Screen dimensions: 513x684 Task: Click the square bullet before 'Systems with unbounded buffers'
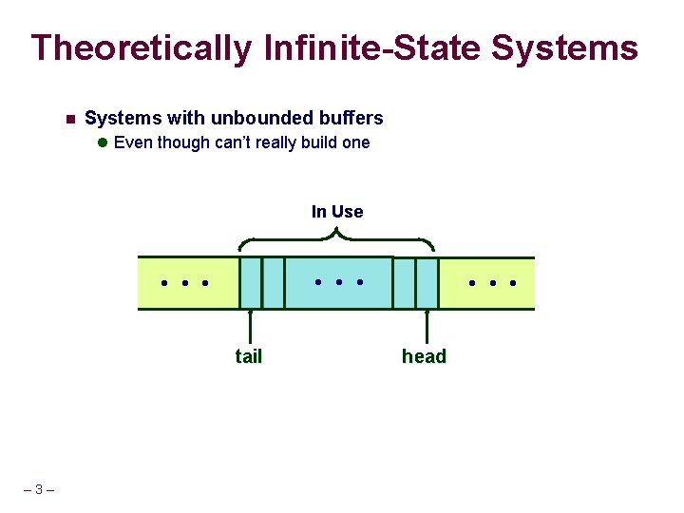pyautogui.click(x=69, y=120)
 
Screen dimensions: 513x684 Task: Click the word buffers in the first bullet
pyautogui.click(x=351, y=119)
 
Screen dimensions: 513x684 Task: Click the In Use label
pyautogui.click(x=337, y=212)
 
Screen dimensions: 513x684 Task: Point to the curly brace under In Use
pyautogui.click(x=337, y=234)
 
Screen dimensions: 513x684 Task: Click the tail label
pyautogui.click(x=249, y=356)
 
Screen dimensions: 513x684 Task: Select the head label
pyautogui.click(x=424, y=356)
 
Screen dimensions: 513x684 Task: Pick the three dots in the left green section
pyautogui.click(x=184, y=283)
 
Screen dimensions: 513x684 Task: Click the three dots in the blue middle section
pyautogui.click(x=338, y=282)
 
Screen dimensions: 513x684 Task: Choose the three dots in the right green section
pyautogui.click(x=492, y=283)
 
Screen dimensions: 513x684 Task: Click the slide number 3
pyautogui.click(x=38, y=490)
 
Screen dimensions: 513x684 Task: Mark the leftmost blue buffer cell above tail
pyautogui.click(x=250, y=283)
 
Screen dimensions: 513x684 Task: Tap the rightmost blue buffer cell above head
pyautogui.click(x=427, y=283)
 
